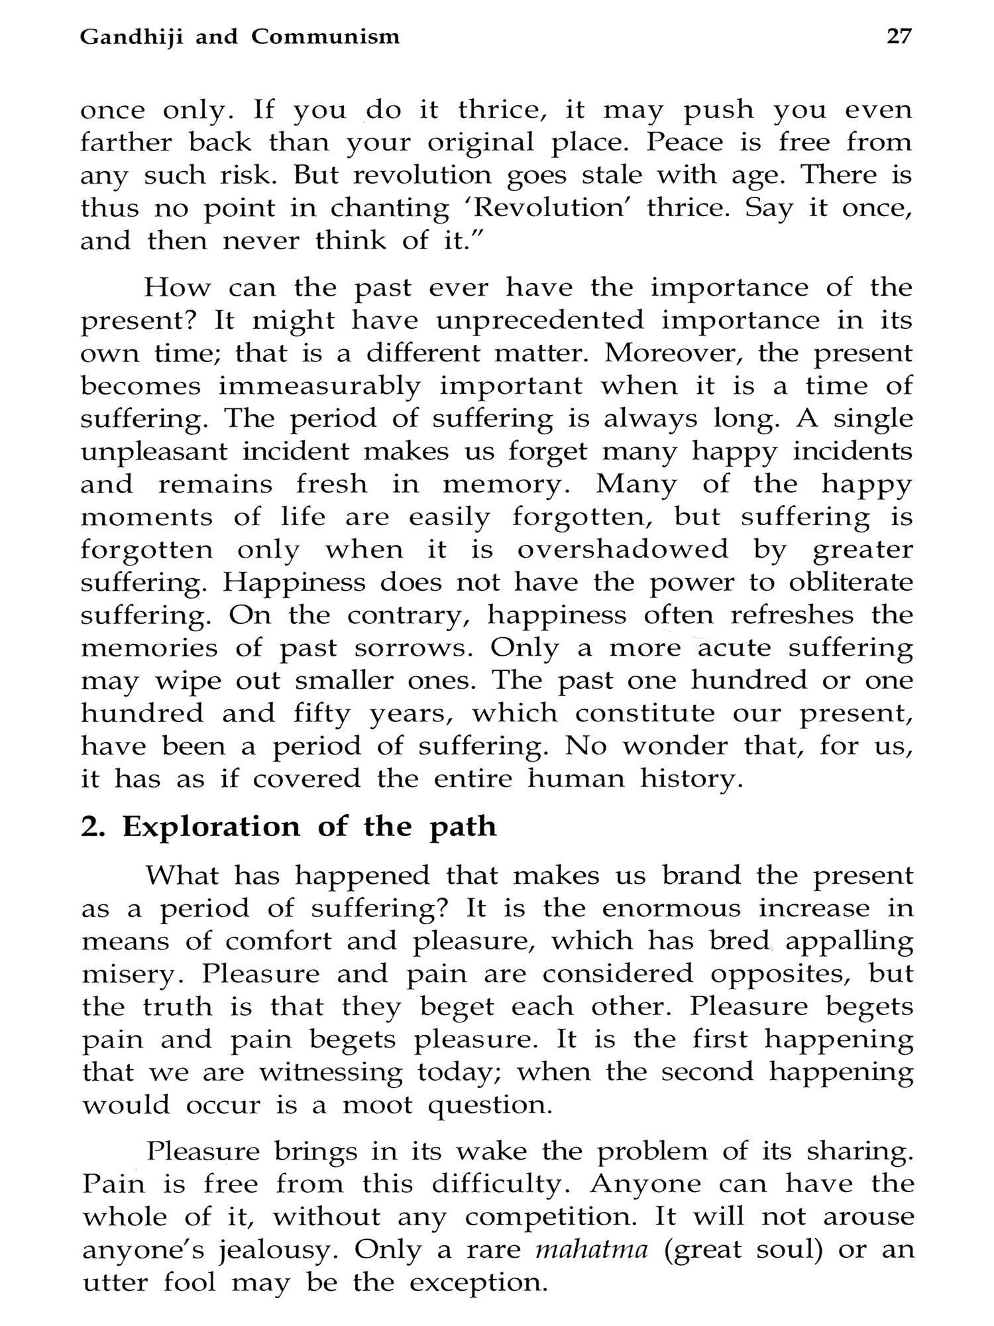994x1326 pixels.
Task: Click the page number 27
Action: point(899,36)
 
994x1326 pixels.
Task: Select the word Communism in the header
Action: point(325,37)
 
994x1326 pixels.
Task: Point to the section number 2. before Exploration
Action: point(93,827)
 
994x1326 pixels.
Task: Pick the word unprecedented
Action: point(539,320)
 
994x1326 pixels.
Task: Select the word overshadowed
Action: point(622,550)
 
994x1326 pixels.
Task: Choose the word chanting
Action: point(389,209)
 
